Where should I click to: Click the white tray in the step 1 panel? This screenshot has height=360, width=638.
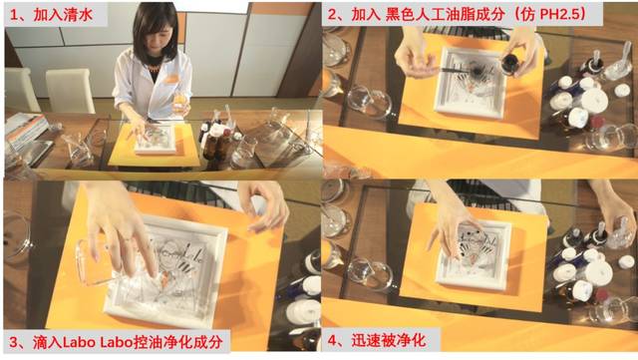click(157, 140)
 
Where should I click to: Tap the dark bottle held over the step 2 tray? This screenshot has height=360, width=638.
click(510, 62)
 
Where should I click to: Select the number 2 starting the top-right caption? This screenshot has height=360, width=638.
click(332, 15)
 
